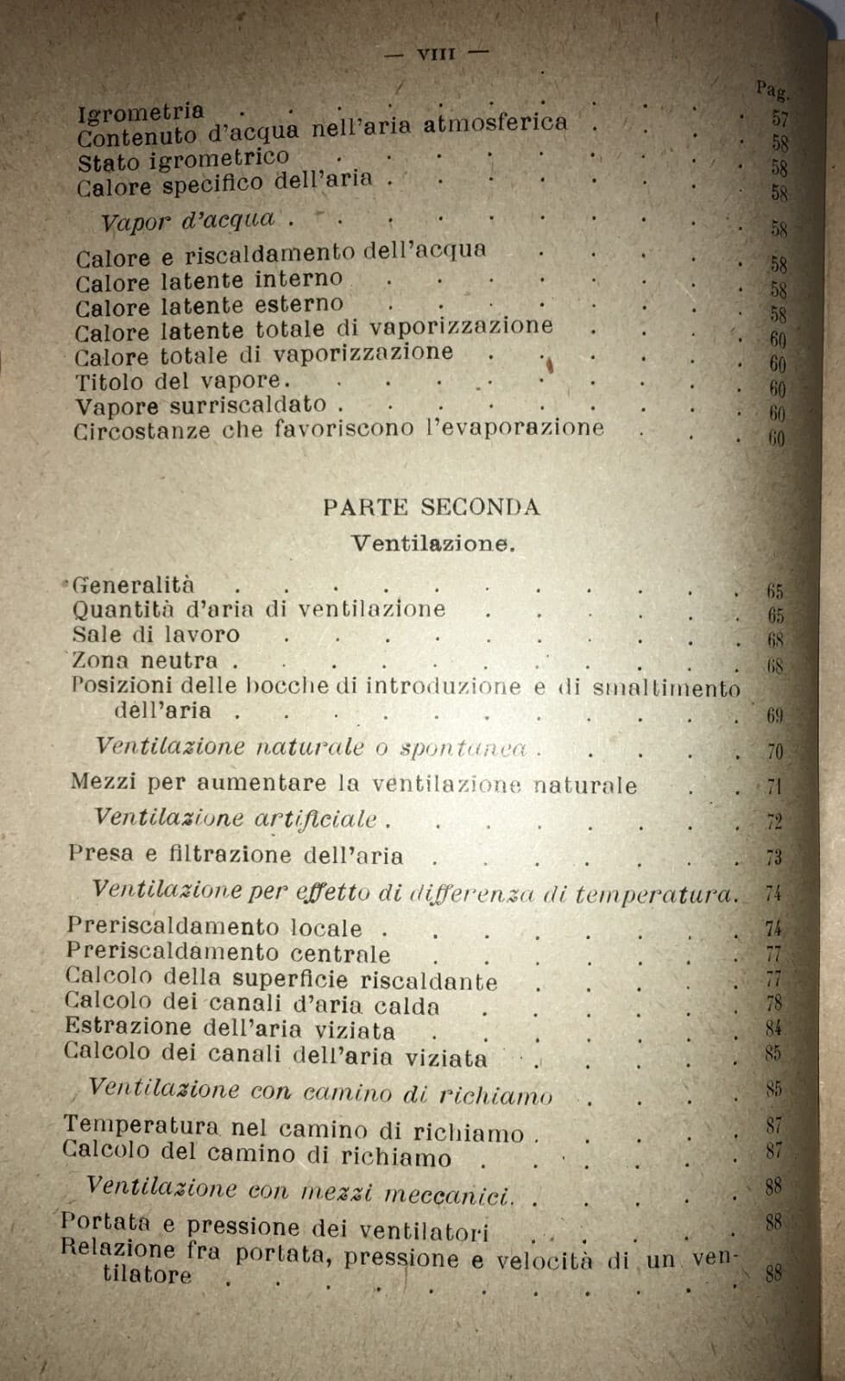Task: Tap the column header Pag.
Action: coord(772,90)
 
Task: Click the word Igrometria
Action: coord(141,112)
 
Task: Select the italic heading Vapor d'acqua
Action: coord(188,221)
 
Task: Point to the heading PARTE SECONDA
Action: coord(432,508)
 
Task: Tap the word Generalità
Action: coord(133,585)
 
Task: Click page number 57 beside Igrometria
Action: coord(779,118)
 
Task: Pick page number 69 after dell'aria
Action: coord(773,716)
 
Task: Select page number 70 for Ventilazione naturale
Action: coord(774,752)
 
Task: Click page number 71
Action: coord(773,787)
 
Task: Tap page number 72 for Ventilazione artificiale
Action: coord(773,822)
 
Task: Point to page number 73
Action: coord(773,857)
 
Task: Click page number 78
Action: coord(773,1004)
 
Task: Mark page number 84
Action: coord(773,1028)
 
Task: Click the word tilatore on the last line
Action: coord(147,1274)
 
